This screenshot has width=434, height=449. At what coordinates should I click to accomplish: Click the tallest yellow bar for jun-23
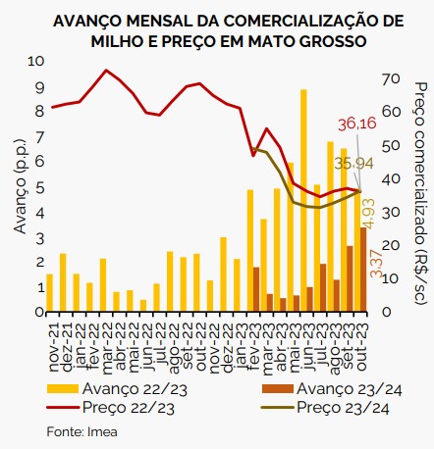tap(303, 200)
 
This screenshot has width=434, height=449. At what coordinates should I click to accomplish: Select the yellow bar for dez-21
tap(63, 282)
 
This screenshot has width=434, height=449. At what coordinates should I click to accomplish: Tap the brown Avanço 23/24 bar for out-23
tap(363, 270)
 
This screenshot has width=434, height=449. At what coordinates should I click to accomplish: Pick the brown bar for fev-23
tap(256, 289)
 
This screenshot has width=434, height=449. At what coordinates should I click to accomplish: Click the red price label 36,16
tap(357, 125)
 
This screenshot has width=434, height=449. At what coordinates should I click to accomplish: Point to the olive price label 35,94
tap(354, 164)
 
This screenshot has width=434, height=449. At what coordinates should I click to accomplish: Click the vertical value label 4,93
tap(369, 213)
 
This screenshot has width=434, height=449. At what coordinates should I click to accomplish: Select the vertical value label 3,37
tap(377, 264)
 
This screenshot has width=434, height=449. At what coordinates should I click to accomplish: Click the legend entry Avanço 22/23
tap(117, 389)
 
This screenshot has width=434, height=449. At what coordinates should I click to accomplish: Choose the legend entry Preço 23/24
tap(325, 408)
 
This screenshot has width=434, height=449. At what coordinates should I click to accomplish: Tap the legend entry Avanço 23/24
tap(332, 389)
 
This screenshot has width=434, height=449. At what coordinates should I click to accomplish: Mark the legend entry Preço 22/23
tap(111, 408)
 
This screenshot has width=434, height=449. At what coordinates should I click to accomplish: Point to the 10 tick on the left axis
tap(35, 62)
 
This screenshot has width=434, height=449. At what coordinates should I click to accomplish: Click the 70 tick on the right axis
tap(391, 78)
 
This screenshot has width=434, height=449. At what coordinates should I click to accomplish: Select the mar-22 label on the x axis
tap(106, 348)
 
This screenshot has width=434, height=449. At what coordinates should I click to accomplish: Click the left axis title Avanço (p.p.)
tap(21, 186)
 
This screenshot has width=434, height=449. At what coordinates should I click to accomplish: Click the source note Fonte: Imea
tap(81, 431)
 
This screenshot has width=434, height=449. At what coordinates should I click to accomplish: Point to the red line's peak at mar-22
tap(106, 70)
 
